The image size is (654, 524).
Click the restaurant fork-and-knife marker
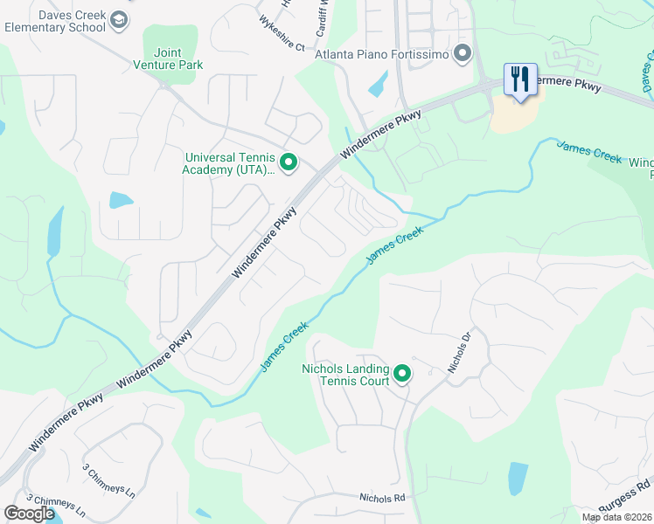[x=520, y=79]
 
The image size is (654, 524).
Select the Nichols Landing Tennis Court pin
[x=402, y=375]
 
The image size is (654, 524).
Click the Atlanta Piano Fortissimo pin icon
[x=463, y=55]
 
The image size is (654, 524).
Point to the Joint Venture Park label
[x=168, y=59]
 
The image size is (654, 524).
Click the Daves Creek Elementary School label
[x=54, y=21]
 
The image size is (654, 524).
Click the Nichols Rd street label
[x=383, y=498]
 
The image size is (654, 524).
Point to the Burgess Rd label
[x=624, y=496]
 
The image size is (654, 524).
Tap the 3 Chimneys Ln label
[x=110, y=480]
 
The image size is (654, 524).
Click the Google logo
[x=29, y=514]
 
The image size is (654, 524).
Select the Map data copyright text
[x=616, y=517]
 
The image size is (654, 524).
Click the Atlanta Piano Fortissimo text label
[x=382, y=55]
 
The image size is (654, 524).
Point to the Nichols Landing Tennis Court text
[x=345, y=375]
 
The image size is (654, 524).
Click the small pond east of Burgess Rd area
[x=518, y=478]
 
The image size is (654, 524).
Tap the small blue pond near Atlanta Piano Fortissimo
[x=379, y=84]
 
